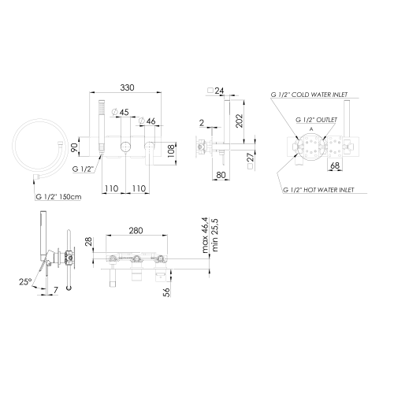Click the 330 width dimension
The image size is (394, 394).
(127, 87)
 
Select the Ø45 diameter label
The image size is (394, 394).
(121, 112)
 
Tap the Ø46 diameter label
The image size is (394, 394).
(147, 121)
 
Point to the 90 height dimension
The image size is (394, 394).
(75, 147)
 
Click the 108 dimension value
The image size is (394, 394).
(171, 151)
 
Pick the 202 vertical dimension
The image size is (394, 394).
(240, 121)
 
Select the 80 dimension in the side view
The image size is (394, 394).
(221, 175)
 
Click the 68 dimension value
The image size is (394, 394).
(335, 165)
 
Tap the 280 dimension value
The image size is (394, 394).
(136, 231)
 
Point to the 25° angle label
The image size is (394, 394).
(25, 282)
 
